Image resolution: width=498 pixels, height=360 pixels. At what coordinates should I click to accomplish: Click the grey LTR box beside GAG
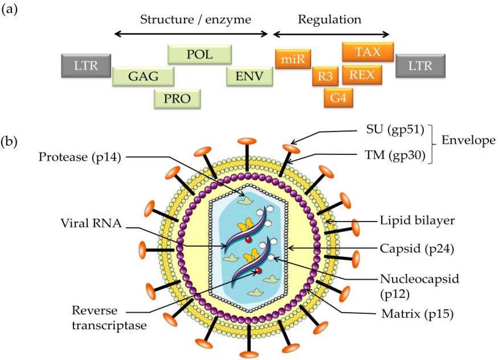coord(86,66)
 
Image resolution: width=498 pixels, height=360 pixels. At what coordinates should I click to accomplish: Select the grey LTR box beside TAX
coord(420,66)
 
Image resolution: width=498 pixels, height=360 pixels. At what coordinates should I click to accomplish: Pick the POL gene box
coord(199,54)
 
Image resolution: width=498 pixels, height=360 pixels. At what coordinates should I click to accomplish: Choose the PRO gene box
coord(177,99)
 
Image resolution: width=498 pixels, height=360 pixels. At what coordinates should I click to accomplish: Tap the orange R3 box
coord(325,76)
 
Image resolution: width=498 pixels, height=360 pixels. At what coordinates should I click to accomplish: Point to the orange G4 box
coord(338,97)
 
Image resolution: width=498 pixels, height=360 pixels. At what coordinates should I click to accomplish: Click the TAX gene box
coord(368,52)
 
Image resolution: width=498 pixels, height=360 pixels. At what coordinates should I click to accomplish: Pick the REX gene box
coord(362,75)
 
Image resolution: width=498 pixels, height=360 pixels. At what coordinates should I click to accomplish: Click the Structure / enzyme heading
coord(195,19)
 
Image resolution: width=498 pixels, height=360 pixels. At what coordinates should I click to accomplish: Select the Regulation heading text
coord(330,19)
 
